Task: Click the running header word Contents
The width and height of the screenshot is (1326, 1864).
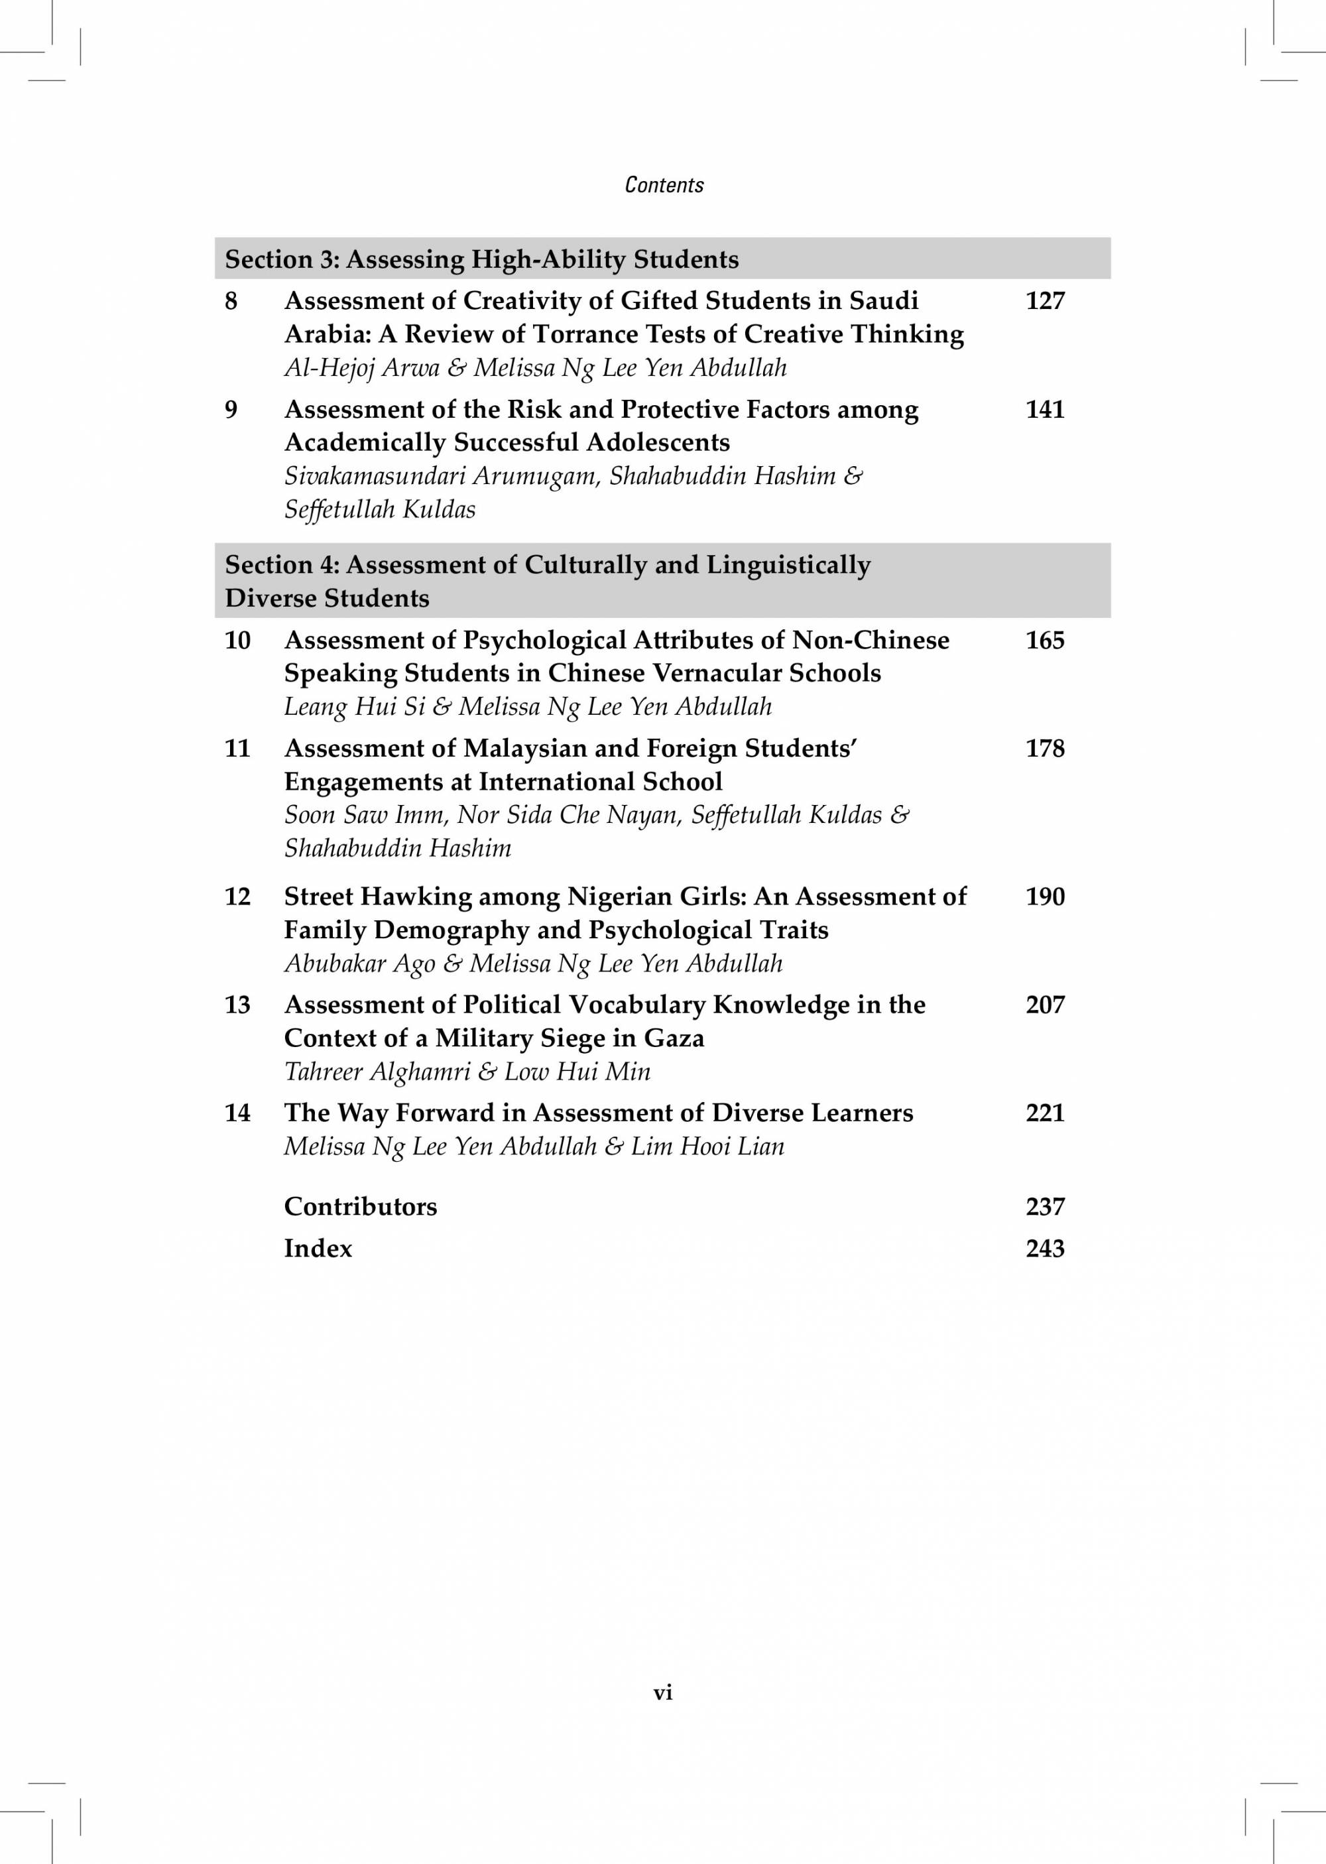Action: (x=664, y=185)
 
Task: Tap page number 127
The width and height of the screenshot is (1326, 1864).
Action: (x=1044, y=301)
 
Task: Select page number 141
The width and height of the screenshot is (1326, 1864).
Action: (x=1044, y=409)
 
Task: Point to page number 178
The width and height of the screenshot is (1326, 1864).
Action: (x=1044, y=749)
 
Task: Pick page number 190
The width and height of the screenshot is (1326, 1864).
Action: (x=1044, y=897)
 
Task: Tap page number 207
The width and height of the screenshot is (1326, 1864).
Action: (x=1044, y=1005)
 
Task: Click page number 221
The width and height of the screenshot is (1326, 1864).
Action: (x=1044, y=1113)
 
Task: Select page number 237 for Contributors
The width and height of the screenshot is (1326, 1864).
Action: (x=1044, y=1207)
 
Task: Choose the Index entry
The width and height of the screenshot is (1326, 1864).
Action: (x=318, y=1249)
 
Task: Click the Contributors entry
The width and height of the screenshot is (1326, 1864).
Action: (x=360, y=1207)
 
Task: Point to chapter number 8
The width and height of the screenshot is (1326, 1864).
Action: (x=231, y=301)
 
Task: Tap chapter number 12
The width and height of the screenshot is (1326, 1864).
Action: (x=237, y=897)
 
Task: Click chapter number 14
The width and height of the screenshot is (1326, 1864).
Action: (x=237, y=1113)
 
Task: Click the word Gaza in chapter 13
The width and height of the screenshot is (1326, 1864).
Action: (x=674, y=1038)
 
